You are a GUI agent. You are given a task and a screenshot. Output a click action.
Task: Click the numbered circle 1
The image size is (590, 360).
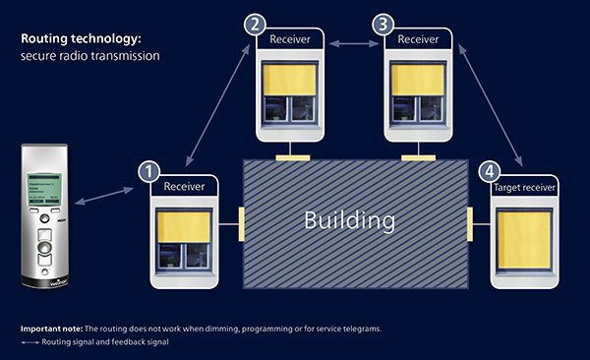click(x=148, y=173)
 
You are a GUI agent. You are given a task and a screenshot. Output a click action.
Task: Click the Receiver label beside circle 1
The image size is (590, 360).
click(x=185, y=187)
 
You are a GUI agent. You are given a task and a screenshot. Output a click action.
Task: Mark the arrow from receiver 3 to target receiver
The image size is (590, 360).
click(x=494, y=100)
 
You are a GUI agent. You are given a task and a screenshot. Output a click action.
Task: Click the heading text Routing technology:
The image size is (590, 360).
click(x=82, y=39)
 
